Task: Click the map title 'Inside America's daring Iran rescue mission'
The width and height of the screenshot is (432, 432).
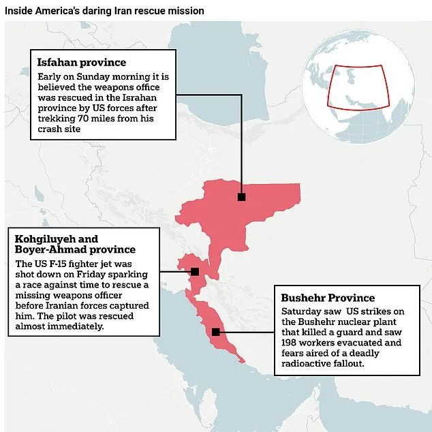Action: pyautogui.click(x=104, y=12)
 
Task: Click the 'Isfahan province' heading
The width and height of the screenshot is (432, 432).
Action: pyautogui.click(x=82, y=63)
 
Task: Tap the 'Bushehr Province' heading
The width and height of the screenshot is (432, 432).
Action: pyautogui.click(x=328, y=298)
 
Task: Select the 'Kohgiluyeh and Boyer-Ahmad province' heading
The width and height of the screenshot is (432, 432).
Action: pyautogui.click(x=75, y=245)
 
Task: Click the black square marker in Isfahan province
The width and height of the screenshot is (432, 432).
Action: pyautogui.click(x=241, y=197)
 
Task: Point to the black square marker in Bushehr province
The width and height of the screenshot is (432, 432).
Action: pyautogui.click(x=215, y=332)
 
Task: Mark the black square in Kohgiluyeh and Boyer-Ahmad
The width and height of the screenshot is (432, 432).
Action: pyautogui.click(x=195, y=271)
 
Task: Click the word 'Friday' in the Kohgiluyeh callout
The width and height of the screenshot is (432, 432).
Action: pyautogui.click(x=89, y=274)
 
